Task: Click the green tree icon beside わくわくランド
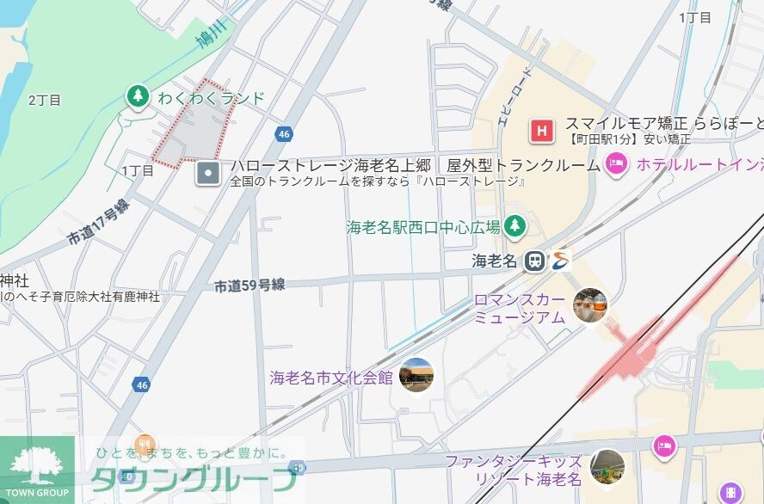click(x=136, y=97)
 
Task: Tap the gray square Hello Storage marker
click(x=207, y=174)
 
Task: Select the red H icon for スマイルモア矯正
click(x=541, y=132)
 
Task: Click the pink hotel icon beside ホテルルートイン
click(x=616, y=163)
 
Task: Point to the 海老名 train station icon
click(x=535, y=261)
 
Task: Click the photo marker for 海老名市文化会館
click(x=416, y=375)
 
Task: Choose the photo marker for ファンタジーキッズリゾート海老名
click(x=607, y=465)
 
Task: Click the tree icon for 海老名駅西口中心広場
click(x=514, y=226)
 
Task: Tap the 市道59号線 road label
click(x=250, y=286)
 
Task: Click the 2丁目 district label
click(x=45, y=100)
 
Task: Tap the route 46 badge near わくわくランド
click(x=285, y=134)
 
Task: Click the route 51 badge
click(x=298, y=467)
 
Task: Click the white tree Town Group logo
click(x=36, y=464)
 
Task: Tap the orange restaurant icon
click(x=145, y=445)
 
